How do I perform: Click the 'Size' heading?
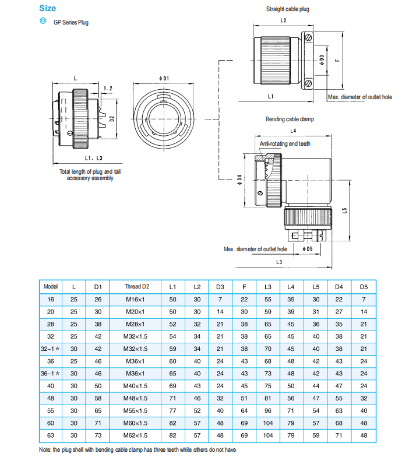tap(47, 8)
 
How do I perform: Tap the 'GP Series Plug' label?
tap(71, 23)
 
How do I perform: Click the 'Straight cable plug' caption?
tap(288, 9)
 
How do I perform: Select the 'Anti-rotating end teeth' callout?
tap(285, 143)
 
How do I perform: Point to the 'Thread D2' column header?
tap(137, 287)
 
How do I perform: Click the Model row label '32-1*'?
tap(51, 349)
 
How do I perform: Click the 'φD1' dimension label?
tap(164, 78)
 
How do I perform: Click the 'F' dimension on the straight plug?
tap(337, 59)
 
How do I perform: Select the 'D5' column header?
tap(364, 287)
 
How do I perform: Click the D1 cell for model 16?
tap(98, 299)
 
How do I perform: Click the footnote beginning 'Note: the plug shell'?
tap(138, 450)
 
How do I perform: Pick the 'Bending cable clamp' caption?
tap(290, 119)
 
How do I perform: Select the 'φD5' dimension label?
tap(307, 249)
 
